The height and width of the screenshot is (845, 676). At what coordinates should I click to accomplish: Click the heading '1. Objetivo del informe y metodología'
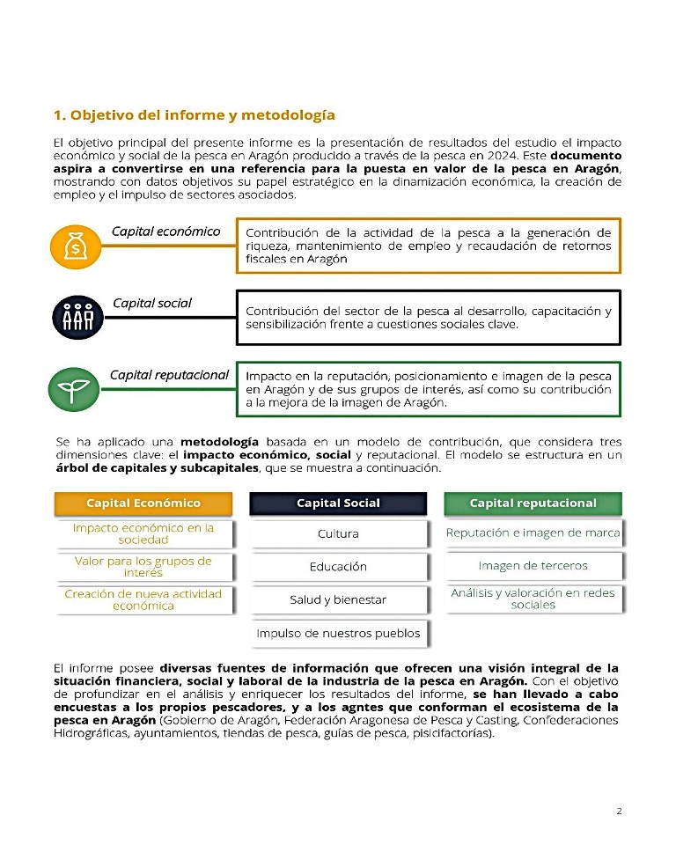194,115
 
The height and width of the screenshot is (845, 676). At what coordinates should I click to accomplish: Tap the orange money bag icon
76,246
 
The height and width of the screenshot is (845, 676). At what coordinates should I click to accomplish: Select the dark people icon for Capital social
77,317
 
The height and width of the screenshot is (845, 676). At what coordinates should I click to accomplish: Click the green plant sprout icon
76,388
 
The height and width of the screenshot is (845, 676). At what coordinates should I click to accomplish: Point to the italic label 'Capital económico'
165,231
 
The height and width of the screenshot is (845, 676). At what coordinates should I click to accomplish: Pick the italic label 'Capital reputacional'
169,375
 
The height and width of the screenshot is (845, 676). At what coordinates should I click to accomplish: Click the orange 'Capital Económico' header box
143,503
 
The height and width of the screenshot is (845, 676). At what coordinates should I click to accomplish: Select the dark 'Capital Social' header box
338,503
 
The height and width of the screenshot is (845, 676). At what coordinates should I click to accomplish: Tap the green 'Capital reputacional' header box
533,503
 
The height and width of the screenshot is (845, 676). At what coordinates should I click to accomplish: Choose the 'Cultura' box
338,533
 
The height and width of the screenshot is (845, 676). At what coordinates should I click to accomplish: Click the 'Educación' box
338,567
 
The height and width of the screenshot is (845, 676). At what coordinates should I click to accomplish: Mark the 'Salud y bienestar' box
338,600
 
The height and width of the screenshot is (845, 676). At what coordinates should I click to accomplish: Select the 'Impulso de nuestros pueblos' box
338,634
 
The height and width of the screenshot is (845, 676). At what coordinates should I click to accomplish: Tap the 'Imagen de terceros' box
533,566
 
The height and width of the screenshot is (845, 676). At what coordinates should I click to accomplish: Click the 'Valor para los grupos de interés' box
143,566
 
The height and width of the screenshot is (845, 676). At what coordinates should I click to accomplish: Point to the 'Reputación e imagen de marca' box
533,533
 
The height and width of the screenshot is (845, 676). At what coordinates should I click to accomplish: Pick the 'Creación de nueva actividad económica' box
143,599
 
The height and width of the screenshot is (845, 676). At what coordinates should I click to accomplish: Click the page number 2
619,812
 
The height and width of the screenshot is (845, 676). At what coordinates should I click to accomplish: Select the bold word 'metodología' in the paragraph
219,441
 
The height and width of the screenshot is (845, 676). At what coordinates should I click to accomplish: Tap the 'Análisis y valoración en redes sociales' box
533,599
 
